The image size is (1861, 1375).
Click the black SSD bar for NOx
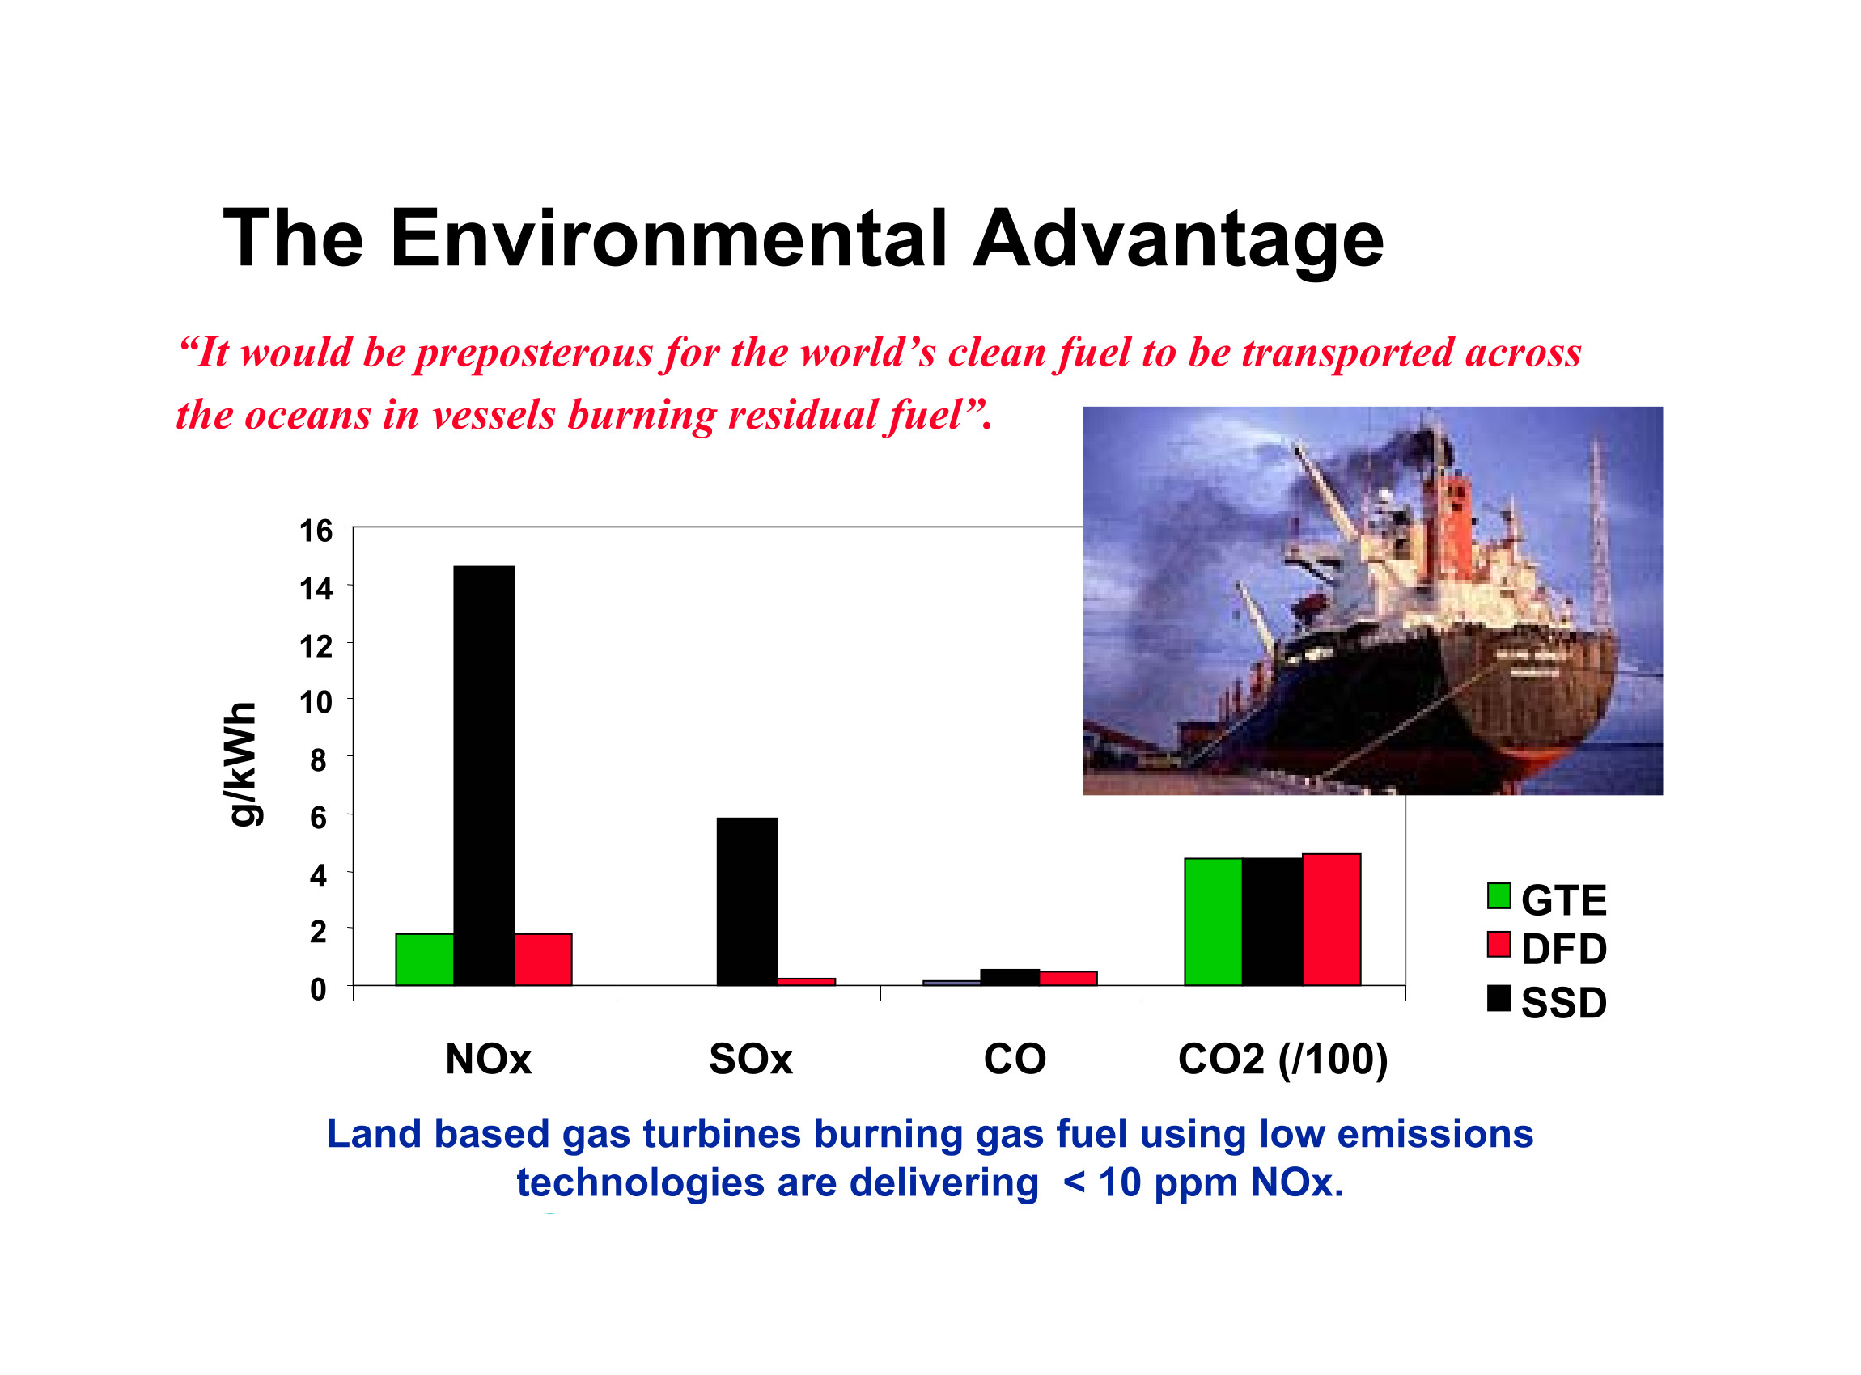point(484,776)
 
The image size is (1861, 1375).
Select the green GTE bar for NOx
point(425,960)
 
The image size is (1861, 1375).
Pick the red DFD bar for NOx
point(543,960)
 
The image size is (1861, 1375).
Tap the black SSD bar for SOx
point(747,902)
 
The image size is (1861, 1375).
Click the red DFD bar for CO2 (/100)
point(1332,920)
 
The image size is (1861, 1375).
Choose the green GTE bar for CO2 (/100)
point(1213,922)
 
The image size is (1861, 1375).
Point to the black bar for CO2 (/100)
point(1272,922)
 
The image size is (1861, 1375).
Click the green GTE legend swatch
point(1499,896)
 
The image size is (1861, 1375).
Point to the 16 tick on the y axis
point(316,531)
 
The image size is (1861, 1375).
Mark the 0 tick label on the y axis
point(318,990)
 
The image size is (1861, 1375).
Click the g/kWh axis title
point(242,764)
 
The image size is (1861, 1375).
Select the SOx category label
point(750,1060)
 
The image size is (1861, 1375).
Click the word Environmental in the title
point(668,239)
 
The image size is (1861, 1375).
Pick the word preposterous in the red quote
point(535,353)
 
